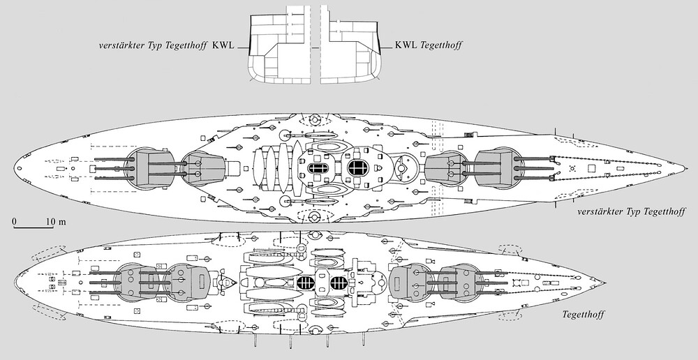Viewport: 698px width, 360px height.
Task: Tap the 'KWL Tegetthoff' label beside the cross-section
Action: point(429,46)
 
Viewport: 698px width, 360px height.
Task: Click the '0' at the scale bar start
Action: point(15,222)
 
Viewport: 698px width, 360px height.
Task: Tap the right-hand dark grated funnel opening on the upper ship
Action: point(358,167)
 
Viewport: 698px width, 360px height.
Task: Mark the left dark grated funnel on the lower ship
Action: point(305,283)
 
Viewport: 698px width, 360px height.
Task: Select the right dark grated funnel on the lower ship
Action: point(339,283)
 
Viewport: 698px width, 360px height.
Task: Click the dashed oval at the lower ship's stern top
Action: point(45,251)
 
